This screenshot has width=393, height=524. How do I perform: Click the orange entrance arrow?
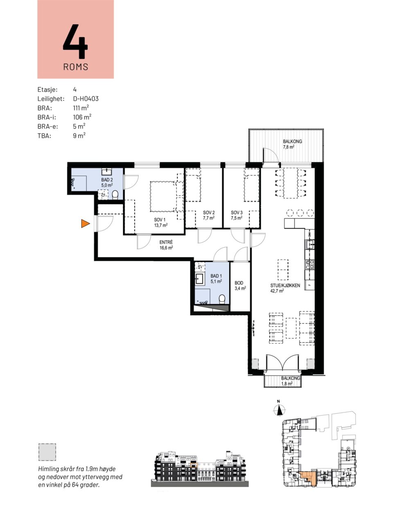(x=85, y=224)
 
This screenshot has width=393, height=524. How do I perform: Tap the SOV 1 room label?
(x=160, y=222)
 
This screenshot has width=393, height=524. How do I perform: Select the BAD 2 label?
(x=107, y=183)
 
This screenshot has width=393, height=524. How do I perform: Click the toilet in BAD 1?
(x=222, y=299)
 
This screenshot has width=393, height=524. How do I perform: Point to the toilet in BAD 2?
(x=115, y=195)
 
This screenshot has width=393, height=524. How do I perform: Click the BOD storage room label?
(x=240, y=285)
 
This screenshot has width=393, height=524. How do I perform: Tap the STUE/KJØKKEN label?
(x=285, y=288)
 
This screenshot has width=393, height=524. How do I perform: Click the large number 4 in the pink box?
(x=75, y=41)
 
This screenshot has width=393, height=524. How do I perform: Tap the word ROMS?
(x=76, y=67)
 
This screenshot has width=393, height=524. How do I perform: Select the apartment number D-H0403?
(x=86, y=99)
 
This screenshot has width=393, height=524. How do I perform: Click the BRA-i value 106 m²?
(x=82, y=117)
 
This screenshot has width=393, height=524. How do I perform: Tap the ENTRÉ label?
(x=166, y=245)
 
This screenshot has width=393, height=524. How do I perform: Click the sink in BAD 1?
(x=199, y=279)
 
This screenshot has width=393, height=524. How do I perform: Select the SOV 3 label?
(x=237, y=215)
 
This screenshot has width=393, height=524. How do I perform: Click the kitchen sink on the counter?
(x=310, y=244)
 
